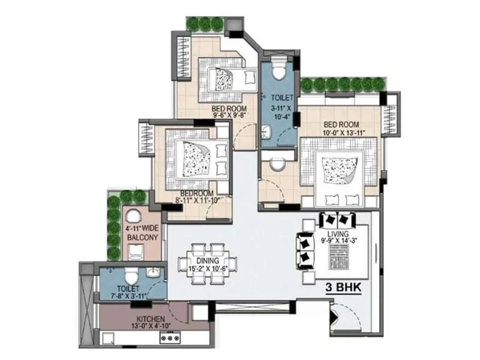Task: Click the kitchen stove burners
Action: (x=170, y=338)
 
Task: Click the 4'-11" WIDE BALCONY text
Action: (x=142, y=233)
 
